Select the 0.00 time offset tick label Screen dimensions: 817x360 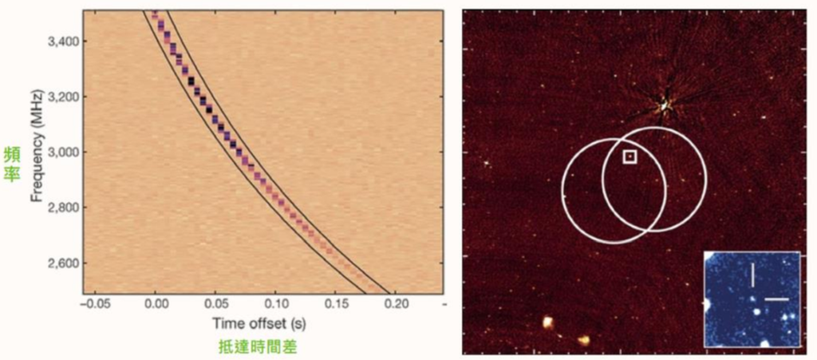pyautogui.click(x=156, y=304)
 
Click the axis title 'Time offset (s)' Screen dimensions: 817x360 pyautogui.click(x=259, y=323)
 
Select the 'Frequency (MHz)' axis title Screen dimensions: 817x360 pyautogui.click(x=37, y=151)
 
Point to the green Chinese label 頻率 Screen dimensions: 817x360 pyautogui.click(x=11, y=164)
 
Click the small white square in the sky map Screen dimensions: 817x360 pyautogui.click(x=630, y=156)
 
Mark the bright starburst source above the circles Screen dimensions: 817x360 pyautogui.click(x=665, y=105)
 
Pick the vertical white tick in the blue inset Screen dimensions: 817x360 pyautogui.click(x=752, y=275)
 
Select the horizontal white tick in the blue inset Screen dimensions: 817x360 pyautogui.click(x=777, y=299)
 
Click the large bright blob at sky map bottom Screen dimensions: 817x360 pyautogui.click(x=548, y=323)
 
